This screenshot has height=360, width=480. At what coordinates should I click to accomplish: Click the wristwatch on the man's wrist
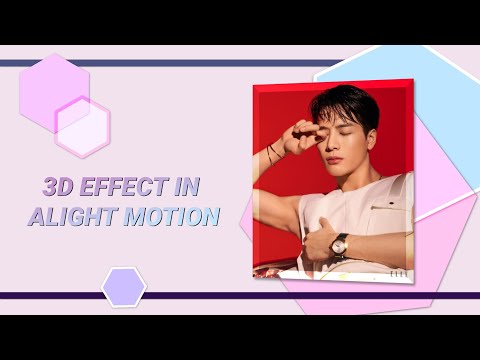pos(340,243)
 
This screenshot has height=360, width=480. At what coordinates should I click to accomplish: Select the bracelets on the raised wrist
pos(273,152)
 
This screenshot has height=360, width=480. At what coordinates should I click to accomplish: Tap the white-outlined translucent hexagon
pos(82,126)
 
